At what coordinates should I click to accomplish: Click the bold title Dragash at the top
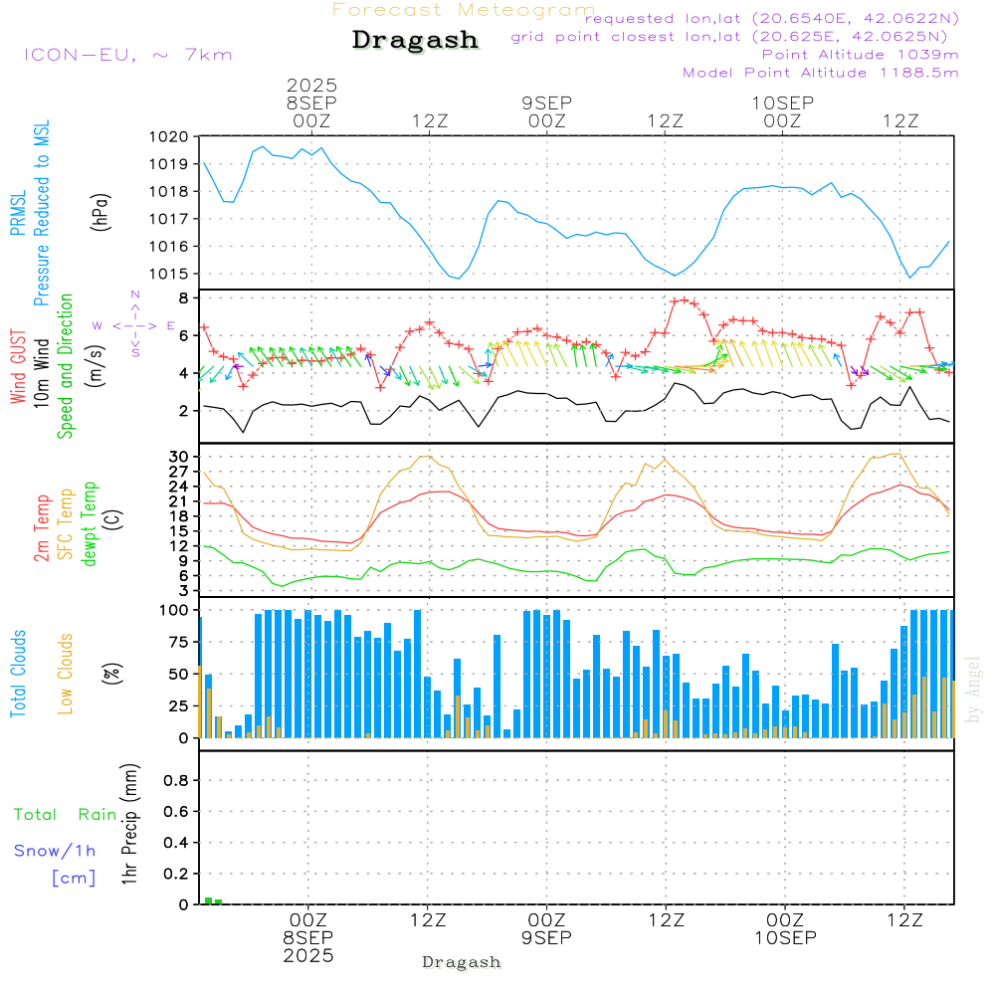(415, 40)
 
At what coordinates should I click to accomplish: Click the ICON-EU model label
(127, 55)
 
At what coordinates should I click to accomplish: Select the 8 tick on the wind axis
(183, 298)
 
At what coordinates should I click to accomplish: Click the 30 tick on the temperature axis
(180, 457)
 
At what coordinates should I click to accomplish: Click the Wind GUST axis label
(18, 368)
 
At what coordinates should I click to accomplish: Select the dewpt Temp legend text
(90, 524)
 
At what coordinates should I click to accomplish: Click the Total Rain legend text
(65, 815)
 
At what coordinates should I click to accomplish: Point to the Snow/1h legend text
(55, 851)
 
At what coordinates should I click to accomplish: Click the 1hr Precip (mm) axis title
(128, 824)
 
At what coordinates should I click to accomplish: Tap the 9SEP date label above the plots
(546, 101)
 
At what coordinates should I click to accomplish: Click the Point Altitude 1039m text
(860, 54)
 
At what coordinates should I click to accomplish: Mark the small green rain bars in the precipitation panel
(213, 900)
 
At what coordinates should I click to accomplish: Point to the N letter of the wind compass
(134, 295)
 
